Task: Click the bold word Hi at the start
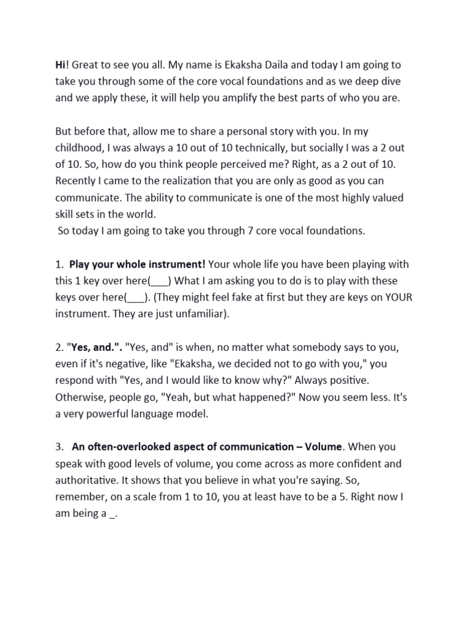[61, 65]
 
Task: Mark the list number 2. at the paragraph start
[60, 347]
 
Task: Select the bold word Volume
[323, 447]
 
